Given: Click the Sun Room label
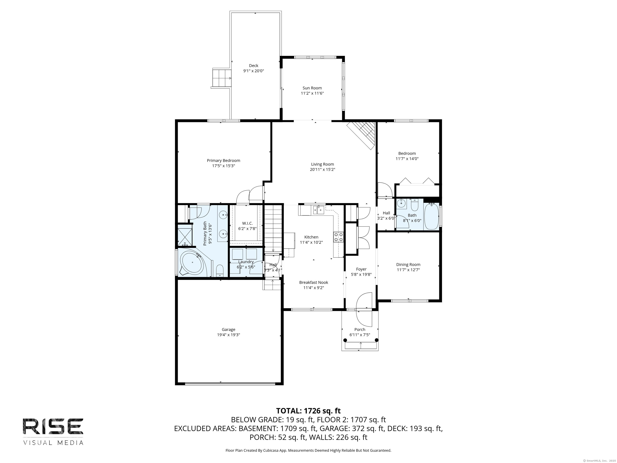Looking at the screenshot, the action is coord(312,88).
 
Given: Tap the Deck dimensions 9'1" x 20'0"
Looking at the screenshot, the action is coord(253,71).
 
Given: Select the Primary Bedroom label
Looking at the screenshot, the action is coord(223,161).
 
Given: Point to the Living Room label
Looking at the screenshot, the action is coord(322,164).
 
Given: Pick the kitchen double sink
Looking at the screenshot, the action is coord(318,209).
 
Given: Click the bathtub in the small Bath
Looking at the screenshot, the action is coord(431,217).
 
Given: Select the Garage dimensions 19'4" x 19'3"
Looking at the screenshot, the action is coord(228,335).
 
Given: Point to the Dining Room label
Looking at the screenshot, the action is coord(408,265).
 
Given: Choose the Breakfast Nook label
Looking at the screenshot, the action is coord(314,282).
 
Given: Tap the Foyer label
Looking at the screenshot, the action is coord(361,269).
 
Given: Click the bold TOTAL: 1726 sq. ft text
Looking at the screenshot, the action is coord(308,411).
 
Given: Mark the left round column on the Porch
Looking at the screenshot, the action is coord(345,340).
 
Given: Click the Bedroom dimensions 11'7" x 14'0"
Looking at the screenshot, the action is coord(407,159).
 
